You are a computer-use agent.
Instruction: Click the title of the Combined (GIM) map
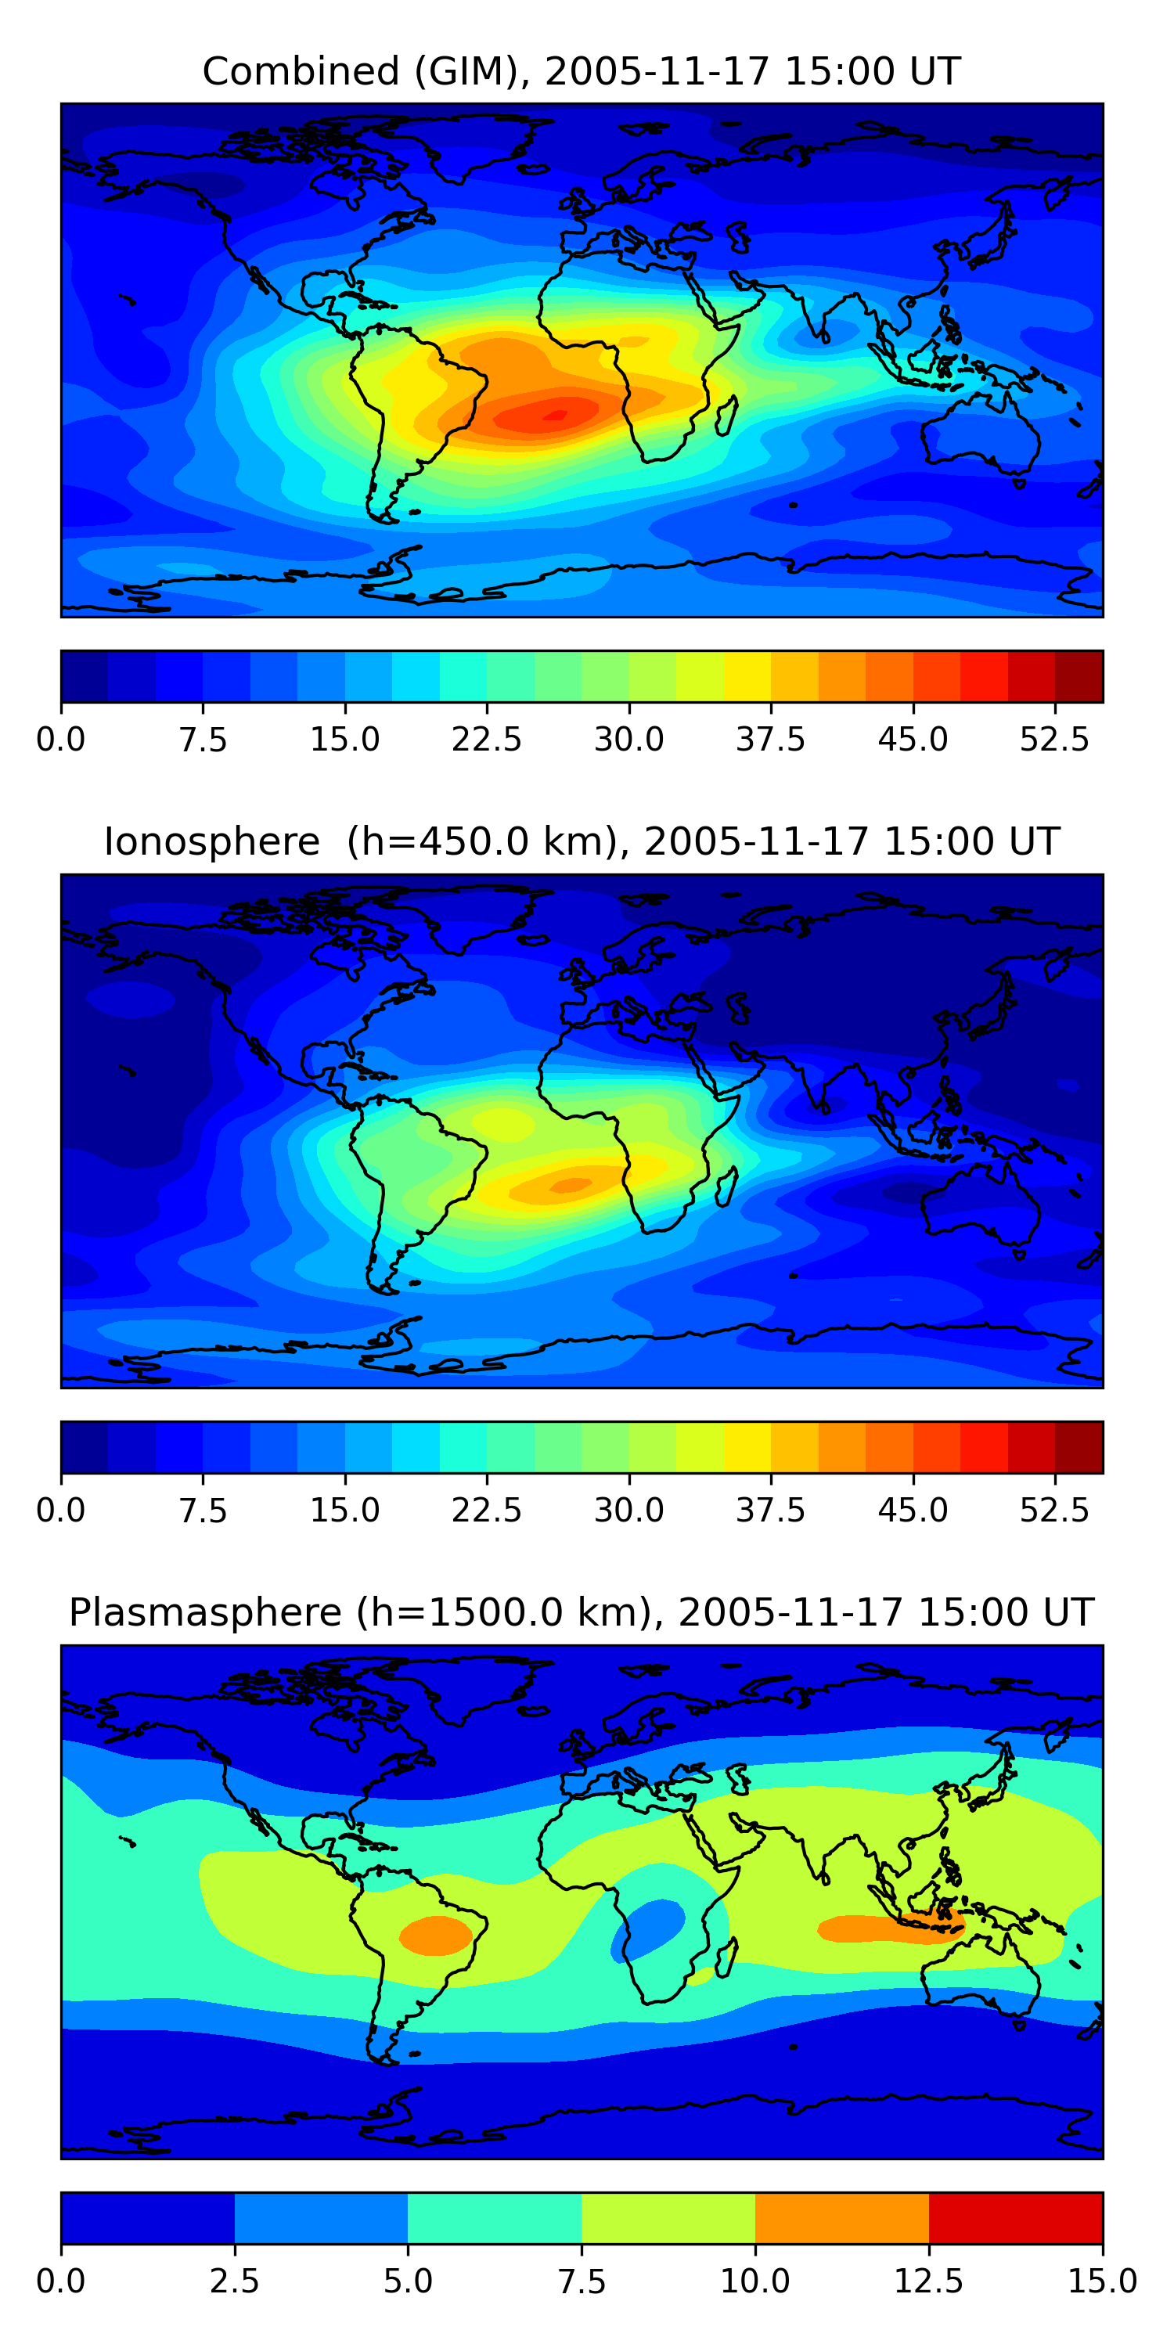click(x=582, y=71)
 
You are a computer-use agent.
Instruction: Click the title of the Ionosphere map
click(x=582, y=841)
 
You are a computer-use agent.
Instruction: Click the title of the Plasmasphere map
click(x=582, y=1612)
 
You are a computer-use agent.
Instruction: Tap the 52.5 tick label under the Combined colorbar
click(x=1054, y=739)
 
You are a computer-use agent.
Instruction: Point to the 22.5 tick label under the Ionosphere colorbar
click(x=487, y=1511)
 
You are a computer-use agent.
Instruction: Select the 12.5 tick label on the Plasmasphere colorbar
click(x=929, y=2281)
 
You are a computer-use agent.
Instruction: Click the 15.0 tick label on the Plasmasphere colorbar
click(x=1102, y=2281)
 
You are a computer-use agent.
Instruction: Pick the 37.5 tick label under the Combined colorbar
click(x=771, y=739)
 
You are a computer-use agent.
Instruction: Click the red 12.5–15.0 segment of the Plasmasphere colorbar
click(x=1015, y=2217)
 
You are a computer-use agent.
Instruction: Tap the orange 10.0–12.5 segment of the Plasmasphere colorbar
click(x=841, y=2217)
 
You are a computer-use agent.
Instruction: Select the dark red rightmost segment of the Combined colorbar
click(x=1079, y=676)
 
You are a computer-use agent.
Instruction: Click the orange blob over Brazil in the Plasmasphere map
click(x=437, y=1934)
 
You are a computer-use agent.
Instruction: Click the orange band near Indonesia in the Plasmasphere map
click(x=888, y=1928)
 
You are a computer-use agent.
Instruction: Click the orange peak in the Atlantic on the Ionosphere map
click(x=571, y=1185)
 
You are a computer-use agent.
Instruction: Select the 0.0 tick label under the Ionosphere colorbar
click(x=61, y=1511)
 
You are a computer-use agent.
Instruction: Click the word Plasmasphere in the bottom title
click(x=205, y=1612)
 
